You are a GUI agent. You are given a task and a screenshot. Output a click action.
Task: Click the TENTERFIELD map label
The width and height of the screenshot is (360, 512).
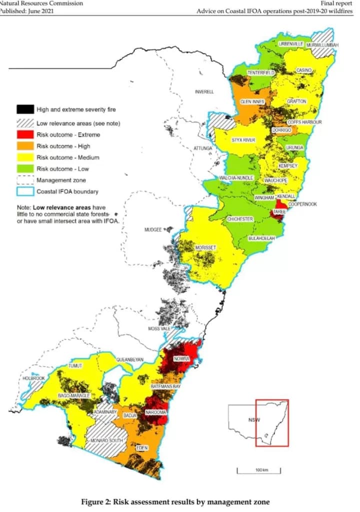point(261,73)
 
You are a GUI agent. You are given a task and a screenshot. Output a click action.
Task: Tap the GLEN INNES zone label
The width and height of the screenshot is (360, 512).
point(252,101)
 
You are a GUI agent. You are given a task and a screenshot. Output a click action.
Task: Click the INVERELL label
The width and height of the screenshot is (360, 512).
point(204,92)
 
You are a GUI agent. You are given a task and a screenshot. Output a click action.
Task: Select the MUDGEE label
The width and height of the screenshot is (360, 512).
point(153,229)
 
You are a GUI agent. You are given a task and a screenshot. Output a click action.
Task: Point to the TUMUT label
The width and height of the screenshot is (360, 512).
point(75,366)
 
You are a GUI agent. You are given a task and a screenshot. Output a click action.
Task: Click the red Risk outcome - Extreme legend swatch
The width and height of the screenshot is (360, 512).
point(24,135)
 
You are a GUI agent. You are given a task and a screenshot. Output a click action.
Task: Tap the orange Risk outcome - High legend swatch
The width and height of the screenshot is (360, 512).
point(24,146)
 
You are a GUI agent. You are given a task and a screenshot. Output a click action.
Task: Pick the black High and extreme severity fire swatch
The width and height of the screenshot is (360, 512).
point(24,109)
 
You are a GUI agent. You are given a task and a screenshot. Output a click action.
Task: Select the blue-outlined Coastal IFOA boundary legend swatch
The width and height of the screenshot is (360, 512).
point(24,191)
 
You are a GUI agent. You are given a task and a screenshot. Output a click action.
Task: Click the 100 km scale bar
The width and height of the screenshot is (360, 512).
point(258,470)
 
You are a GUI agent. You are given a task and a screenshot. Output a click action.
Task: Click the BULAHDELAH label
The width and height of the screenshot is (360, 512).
point(262,238)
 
